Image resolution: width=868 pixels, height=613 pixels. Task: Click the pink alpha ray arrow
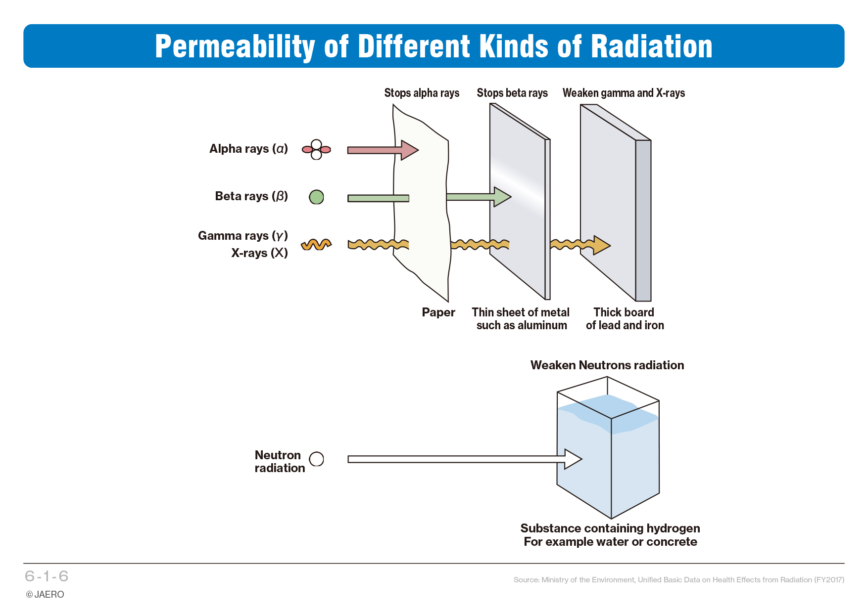click(383, 150)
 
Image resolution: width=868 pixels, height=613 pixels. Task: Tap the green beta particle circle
click(316, 197)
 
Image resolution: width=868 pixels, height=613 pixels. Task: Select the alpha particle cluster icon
click(316, 149)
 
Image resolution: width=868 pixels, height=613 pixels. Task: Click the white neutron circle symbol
click(316, 459)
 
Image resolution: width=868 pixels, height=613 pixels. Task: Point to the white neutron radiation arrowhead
click(573, 459)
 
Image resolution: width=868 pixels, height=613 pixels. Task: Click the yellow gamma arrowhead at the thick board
click(602, 245)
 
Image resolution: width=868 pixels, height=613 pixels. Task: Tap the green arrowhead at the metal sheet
click(503, 197)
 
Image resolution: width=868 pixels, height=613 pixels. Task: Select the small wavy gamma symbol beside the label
click(316, 244)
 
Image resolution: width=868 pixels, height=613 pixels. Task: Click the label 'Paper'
click(438, 312)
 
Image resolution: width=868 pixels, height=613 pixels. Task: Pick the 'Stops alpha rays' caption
click(422, 93)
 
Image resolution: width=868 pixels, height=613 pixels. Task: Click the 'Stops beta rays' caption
click(512, 93)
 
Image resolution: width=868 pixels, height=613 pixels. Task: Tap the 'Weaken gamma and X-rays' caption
click(624, 93)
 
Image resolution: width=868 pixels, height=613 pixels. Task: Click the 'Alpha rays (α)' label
click(248, 149)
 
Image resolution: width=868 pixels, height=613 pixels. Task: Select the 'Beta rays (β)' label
click(251, 196)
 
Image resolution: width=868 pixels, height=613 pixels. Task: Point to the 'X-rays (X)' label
click(259, 253)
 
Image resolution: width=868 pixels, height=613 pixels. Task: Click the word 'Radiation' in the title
click(652, 46)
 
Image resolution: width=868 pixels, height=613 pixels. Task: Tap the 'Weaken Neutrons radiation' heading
click(607, 365)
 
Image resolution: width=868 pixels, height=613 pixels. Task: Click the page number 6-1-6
click(47, 576)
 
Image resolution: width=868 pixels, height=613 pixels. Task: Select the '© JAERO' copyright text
click(45, 595)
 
